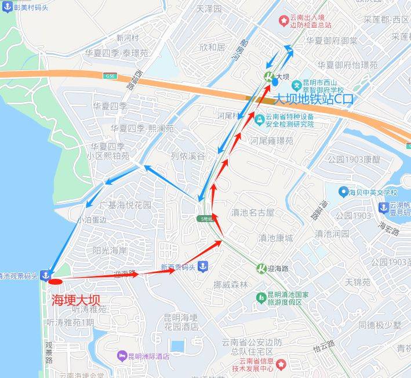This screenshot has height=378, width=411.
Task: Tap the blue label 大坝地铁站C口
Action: click(313, 99)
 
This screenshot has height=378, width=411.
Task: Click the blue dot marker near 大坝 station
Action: click(275, 82)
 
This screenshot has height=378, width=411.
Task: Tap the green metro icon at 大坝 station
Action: click(268, 77)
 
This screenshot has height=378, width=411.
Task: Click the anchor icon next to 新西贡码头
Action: click(203, 267)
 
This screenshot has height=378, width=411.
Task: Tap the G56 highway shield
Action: click(110, 75)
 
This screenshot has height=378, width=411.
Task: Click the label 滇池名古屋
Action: click(252, 213)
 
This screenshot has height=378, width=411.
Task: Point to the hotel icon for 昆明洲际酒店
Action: click(121, 355)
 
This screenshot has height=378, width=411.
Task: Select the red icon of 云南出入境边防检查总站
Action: click(283, 21)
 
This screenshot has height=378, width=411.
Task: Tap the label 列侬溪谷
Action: click(188, 156)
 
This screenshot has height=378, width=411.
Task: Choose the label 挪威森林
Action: click(230, 284)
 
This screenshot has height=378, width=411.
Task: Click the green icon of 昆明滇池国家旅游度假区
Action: click(261, 297)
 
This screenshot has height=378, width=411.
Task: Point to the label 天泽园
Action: click(209, 9)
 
